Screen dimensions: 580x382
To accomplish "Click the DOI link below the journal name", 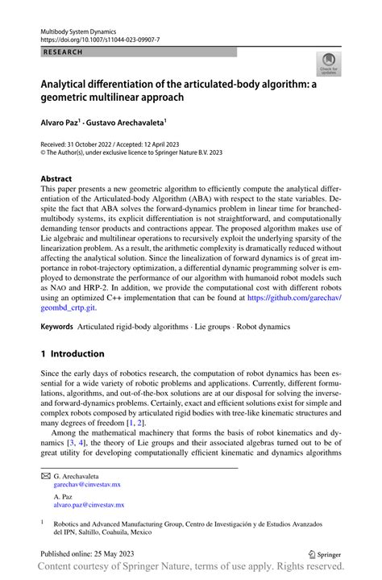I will pyautogui.click(x=95, y=38).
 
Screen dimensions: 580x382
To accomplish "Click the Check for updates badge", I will pyautogui.click(x=328, y=65).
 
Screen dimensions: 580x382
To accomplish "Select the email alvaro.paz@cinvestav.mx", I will pyautogui.click(x=89, y=505).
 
